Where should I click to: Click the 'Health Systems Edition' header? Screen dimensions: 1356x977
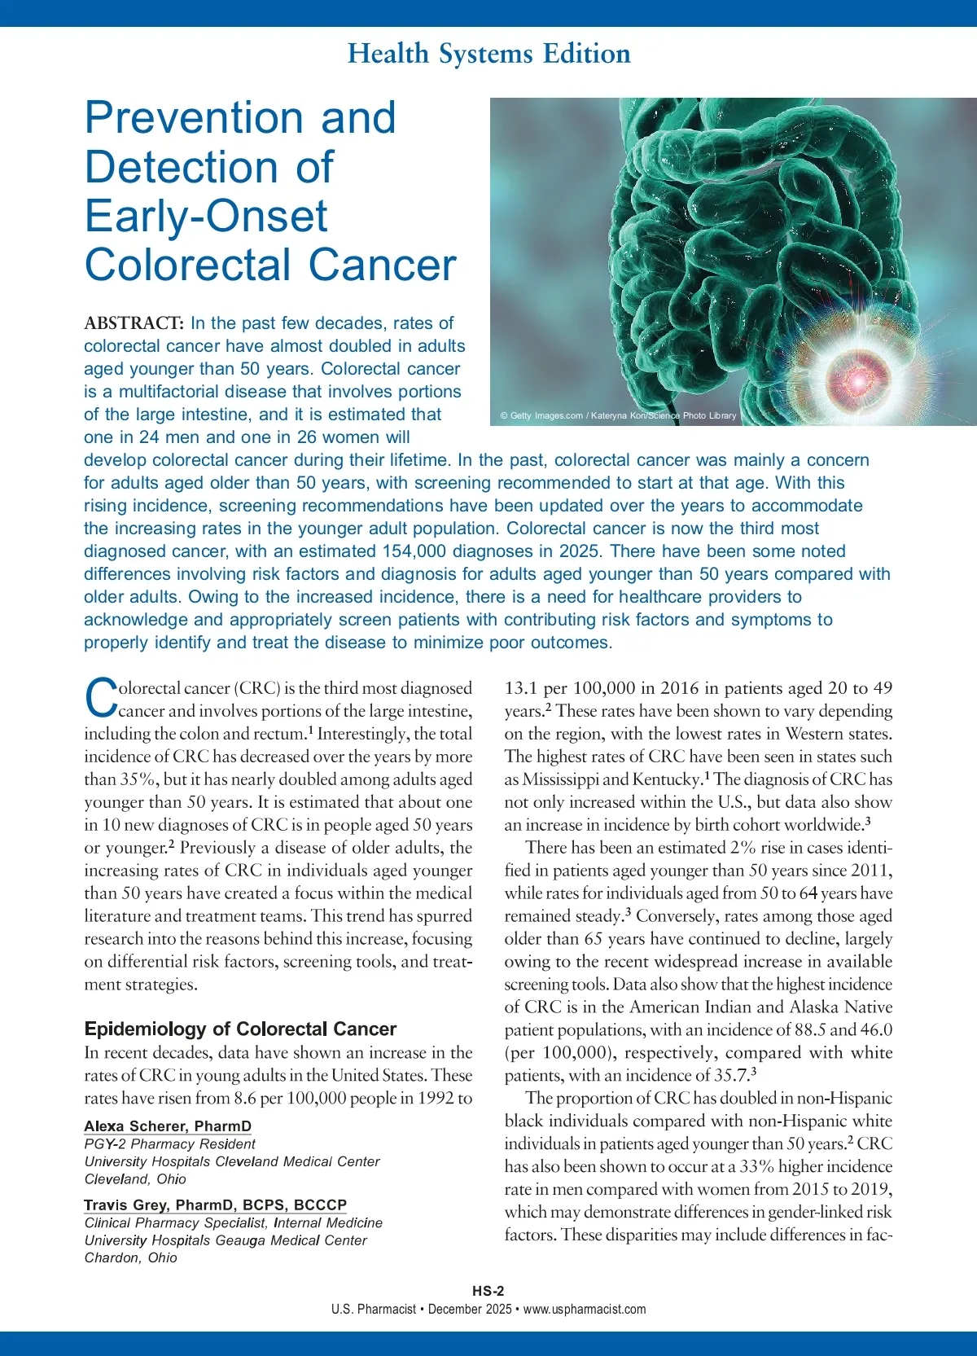point(488,54)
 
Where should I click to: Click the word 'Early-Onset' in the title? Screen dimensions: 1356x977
point(206,217)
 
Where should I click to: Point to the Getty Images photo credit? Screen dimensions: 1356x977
point(618,415)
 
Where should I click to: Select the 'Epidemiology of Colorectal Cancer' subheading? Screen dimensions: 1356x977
point(240,1029)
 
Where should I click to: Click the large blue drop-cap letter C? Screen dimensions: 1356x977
point(101,699)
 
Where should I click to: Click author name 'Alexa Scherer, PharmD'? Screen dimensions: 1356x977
point(168,1126)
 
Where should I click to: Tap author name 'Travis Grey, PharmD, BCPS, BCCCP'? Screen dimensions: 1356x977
point(215,1205)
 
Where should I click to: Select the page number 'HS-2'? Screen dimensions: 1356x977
point(488,1291)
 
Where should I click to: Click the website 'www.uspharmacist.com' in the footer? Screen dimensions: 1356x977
point(585,1309)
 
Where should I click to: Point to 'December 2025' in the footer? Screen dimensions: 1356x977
point(470,1309)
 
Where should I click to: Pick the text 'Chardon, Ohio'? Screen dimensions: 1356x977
point(130,1257)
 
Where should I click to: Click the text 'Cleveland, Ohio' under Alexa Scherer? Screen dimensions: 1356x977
point(135,1178)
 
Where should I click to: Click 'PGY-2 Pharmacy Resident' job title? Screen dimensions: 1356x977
point(169,1144)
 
